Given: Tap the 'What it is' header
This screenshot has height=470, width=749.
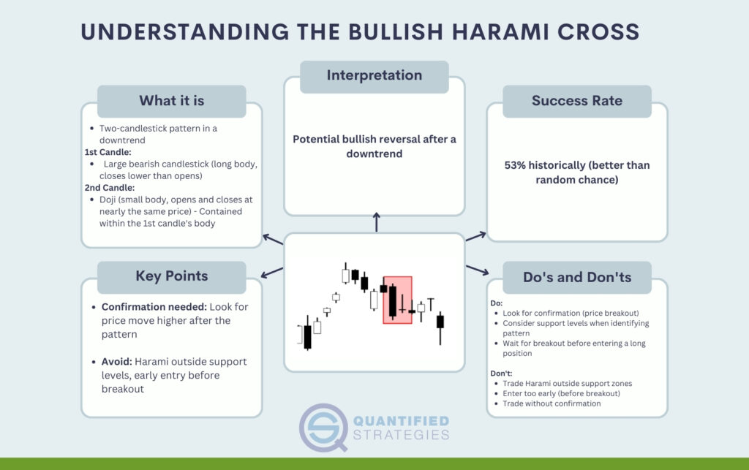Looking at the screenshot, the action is pyautogui.click(x=171, y=101).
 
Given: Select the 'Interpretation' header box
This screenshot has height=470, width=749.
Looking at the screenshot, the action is pyautogui.click(x=374, y=76).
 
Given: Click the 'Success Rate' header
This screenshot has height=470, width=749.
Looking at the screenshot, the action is pyautogui.click(x=577, y=101).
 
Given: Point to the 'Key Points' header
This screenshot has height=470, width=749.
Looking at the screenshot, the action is pyautogui.click(x=171, y=277).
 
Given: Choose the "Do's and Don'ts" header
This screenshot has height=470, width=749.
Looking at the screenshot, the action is pyautogui.click(x=577, y=277).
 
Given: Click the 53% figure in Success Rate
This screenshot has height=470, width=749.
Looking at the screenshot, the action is pyautogui.click(x=515, y=166).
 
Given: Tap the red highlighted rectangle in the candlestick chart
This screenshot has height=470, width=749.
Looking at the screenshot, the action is pyautogui.click(x=397, y=300).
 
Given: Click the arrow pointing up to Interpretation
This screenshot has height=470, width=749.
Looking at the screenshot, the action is pyautogui.click(x=377, y=222).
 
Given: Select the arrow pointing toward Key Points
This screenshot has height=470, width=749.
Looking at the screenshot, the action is pyautogui.click(x=272, y=273).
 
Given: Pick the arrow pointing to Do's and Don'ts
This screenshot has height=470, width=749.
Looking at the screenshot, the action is pyautogui.click(x=477, y=270).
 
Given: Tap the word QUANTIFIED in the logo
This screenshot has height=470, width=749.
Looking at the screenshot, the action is pyautogui.click(x=402, y=421).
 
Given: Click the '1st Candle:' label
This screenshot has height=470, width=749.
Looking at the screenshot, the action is pyautogui.click(x=108, y=152).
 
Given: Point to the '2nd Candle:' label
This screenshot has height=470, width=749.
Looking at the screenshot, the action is pyautogui.click(x=110, y=188).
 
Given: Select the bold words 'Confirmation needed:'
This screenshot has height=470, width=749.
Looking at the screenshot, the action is pyautogui.click(x=154, y=307).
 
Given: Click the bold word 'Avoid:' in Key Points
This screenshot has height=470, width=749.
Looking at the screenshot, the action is pyautogui.click(x=116, y=362).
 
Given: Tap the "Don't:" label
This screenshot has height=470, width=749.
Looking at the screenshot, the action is pyautogui.click(x=501, y=374).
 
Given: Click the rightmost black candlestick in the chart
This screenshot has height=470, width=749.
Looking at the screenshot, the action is pyautogui.click(x=440, y=322).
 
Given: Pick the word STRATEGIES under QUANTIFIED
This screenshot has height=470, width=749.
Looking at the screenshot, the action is pyautogui.click(x=402, y=435).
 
